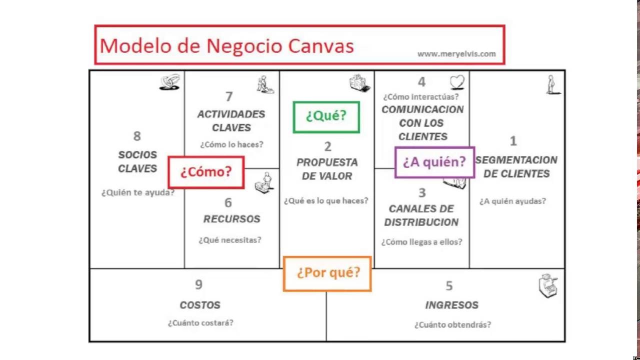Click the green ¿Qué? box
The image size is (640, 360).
(326, 117)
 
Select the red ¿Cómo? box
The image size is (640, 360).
(206, 172)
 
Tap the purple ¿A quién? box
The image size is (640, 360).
(434, 162)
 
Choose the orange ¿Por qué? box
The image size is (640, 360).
(327, 273)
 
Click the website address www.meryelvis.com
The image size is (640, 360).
(456, 54)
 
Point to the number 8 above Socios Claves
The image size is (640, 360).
(137, 136)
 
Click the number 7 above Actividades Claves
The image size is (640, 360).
(229, 96)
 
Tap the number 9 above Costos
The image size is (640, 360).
(198, 285)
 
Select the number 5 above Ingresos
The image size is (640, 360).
(449, 286)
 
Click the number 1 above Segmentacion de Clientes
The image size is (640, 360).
(513, 141)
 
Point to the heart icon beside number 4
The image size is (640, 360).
(457, 81)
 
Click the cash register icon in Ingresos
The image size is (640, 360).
(547, 286)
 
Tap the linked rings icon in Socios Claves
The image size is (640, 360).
(169, 82)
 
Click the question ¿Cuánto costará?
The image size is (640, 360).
(200, 323)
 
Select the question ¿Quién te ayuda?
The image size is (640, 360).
(138, 192)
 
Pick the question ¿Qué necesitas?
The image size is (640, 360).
(230, 240)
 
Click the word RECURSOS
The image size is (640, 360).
(231, 219)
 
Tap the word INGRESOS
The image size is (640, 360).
(451, 305)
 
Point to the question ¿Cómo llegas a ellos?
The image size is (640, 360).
(421, 242)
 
